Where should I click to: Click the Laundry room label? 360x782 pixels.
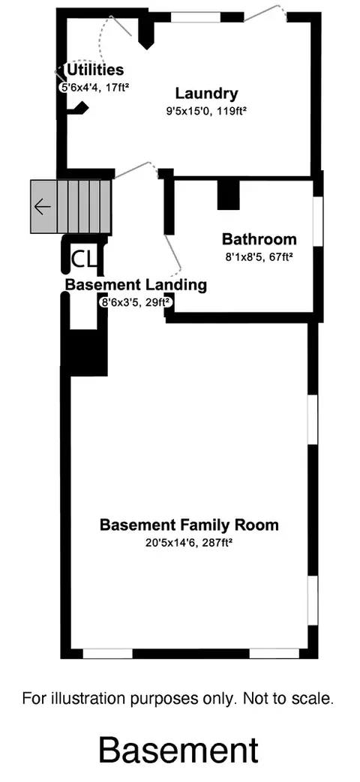point(206,93)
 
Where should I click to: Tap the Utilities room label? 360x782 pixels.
point(95,69)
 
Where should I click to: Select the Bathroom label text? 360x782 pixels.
point(259,239)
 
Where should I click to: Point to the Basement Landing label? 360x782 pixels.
point(136,285)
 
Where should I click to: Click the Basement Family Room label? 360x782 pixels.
point(189,525)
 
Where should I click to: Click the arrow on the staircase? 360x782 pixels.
point(43,206)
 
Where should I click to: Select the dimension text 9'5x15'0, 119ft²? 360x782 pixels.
point(206,112)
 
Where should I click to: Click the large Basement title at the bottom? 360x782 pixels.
point(178,750)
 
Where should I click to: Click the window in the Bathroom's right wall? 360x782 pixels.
point(317,220)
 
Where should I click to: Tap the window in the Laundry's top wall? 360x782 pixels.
point(196,17)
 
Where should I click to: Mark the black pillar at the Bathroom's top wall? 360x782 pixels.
point(228,194)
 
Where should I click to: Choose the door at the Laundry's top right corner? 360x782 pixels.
point(265,13)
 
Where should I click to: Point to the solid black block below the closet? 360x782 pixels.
point(88,352)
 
